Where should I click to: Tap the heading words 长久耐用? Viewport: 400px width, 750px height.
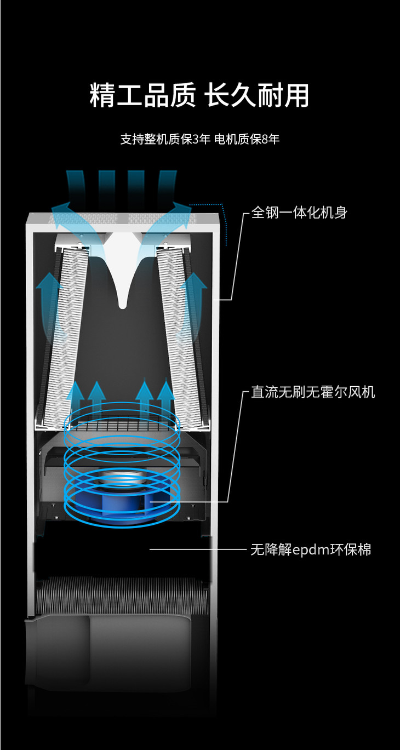click(x=257, y=95)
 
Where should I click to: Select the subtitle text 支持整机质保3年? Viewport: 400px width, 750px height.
click(x=165, y=139)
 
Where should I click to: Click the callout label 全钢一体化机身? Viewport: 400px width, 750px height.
click(x=299, y=213)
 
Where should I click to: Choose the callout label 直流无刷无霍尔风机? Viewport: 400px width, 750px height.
click(x=313, y=392)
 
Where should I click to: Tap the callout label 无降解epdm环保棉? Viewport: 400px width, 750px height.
click(x=311, y=549)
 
